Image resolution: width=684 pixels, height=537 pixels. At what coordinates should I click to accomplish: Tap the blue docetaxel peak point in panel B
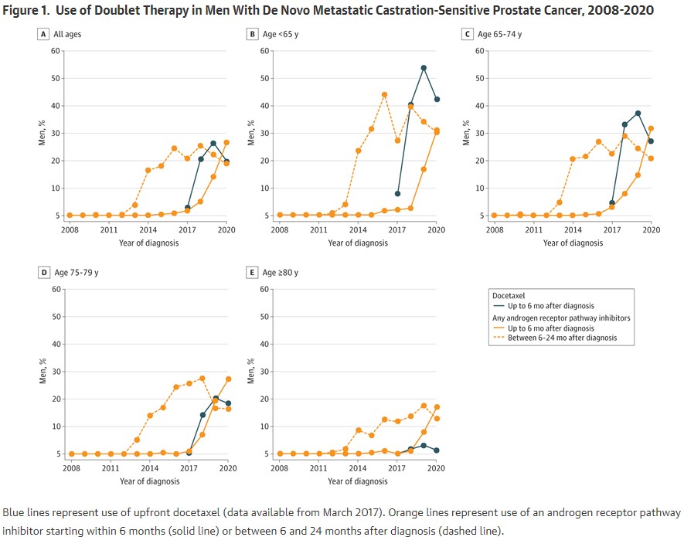click(x=424, y=68)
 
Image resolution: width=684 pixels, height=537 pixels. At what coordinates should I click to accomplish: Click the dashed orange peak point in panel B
click(x=384, y=94)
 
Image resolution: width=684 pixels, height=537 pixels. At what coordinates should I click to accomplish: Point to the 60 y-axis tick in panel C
click(x=484, y=51)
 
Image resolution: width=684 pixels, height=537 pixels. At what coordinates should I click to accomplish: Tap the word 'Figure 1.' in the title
click(x=32, y=10)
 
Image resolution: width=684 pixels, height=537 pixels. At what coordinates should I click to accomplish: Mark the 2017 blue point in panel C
click(x=611, y=203)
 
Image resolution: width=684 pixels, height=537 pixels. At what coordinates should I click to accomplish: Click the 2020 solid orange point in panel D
click(x=228, y=379)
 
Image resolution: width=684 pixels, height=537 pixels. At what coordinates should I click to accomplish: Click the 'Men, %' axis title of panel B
click(x=250, y=133)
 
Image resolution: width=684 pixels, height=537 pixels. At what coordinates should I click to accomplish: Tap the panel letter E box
click(x=252, y=273)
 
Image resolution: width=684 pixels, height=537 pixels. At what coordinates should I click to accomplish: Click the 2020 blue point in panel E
click(x=437, y=450)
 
